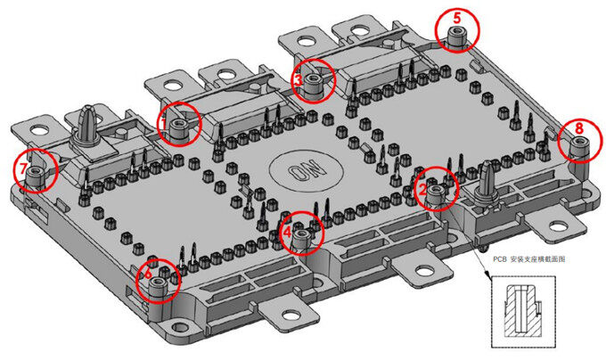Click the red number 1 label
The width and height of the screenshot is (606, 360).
pyautogui.click(x=164, y=118)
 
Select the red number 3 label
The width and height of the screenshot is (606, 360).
pyautogui.click(x=298, y=78)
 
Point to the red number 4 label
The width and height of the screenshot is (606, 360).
pyautogui.click(x=287, y=229)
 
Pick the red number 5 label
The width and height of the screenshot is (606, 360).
pyautogui.click(x=457, y=17)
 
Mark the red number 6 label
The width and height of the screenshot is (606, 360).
pyautogui.click(x=147, y=274)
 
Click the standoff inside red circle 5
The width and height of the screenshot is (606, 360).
pyautogui.click(x=457, y=37)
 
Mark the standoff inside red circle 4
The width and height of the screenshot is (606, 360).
pyautogui.click(x=302, y=237)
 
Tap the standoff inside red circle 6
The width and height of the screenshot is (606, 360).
pyautogui.click(x=160, y=285)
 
